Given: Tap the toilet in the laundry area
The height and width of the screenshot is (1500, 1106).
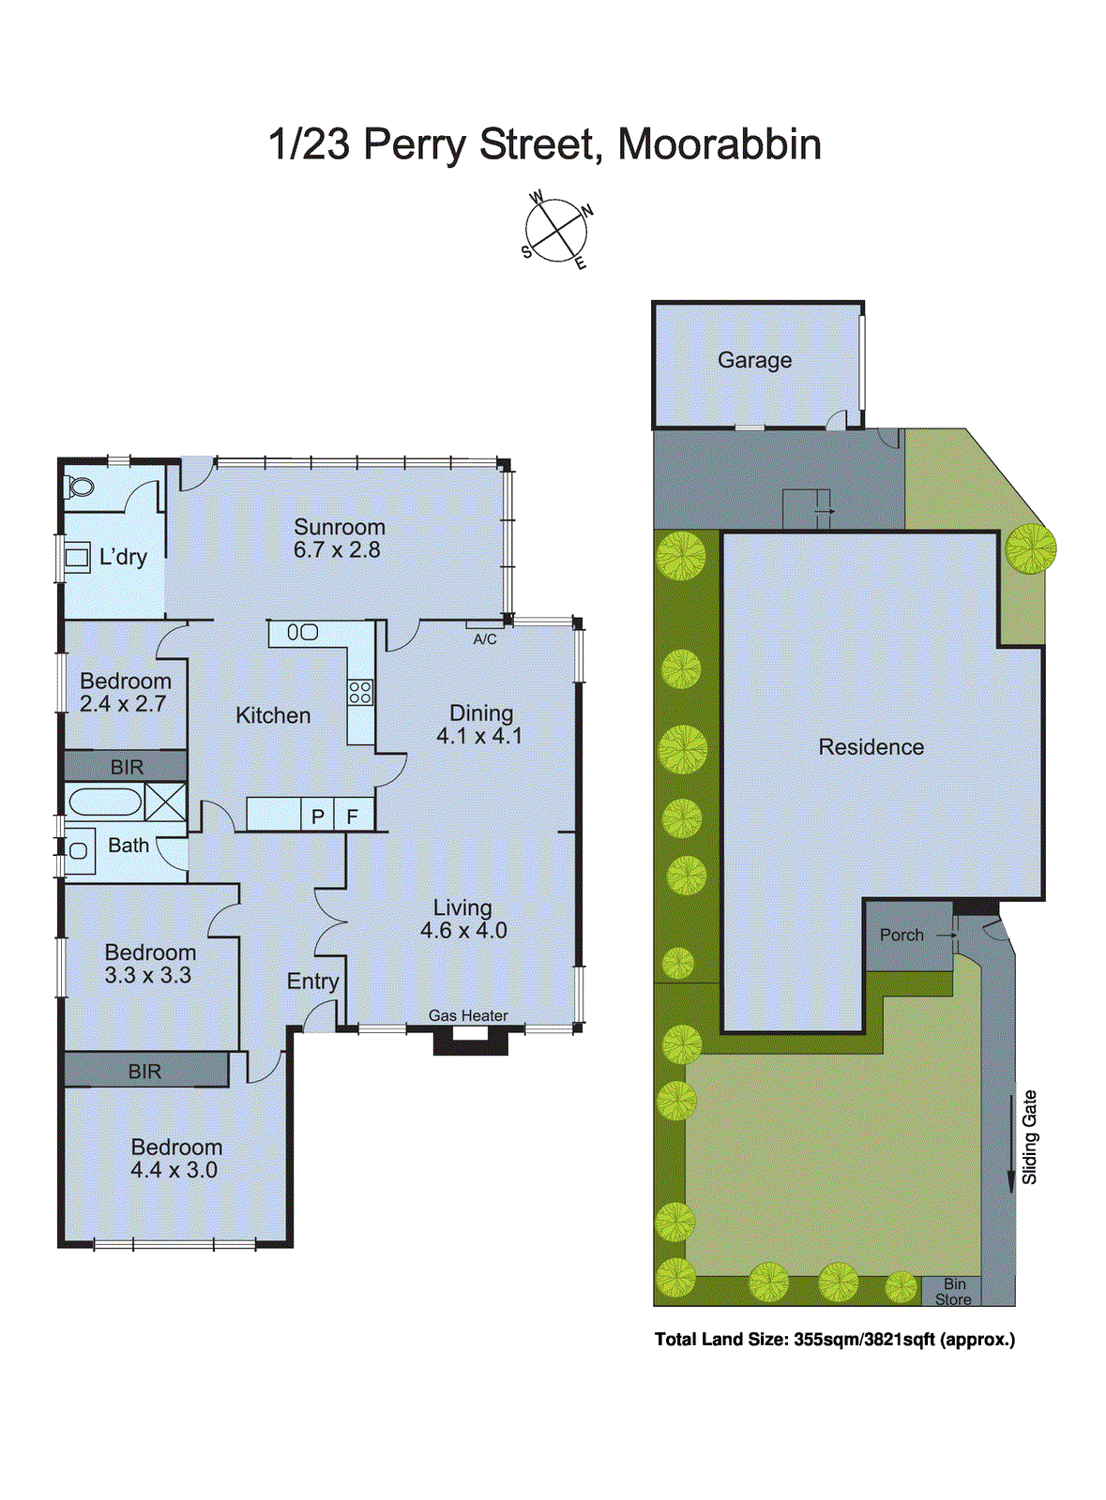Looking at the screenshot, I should [80, 487].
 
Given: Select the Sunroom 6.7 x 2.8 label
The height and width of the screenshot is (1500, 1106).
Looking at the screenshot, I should [338, 539].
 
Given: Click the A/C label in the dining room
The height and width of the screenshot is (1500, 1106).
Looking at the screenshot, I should [485, 639].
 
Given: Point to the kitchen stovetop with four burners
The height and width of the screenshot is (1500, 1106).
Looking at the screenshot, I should [360, 693].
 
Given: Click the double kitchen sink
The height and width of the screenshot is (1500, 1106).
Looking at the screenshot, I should [302, 633].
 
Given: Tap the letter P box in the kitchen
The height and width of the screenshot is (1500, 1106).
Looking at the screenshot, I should [317, 817].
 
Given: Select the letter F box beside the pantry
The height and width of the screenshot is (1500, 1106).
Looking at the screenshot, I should [353, 817].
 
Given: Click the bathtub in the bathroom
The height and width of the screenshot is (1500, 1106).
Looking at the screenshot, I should [104, 802].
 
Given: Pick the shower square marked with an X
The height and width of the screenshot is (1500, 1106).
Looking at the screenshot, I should [165, 803].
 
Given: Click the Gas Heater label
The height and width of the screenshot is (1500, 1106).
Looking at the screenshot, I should [468, 1015].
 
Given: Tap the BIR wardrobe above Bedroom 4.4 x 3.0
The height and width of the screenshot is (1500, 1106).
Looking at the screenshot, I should [145, 1071].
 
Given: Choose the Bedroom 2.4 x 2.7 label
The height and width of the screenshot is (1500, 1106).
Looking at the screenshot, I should [125, 693].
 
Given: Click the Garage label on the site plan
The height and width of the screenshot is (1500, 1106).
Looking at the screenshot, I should [754, 360].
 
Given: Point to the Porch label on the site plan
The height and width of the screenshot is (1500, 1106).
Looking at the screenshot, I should [901, 935].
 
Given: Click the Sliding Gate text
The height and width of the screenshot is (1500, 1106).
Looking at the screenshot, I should [1029, 1136].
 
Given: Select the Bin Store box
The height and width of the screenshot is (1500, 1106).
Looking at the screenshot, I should [953, 1292].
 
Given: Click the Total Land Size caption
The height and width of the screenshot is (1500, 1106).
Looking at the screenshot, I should [834, 1340].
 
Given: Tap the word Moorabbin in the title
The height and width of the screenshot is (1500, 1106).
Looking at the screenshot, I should [720, 144].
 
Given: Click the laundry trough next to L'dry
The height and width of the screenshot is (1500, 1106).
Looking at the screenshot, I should [76, 558].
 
